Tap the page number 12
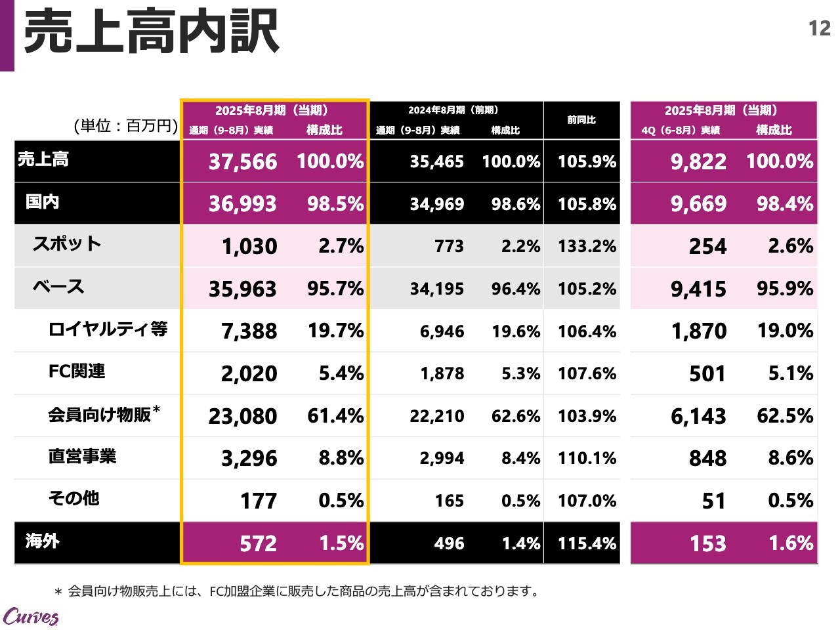point(820,28)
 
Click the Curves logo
point(31,616)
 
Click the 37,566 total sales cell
point(243,161)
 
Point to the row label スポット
point(67,244)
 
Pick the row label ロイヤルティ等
point(108,329)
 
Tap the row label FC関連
point(77,371)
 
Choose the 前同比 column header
point(581,119)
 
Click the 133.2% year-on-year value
point(587,247)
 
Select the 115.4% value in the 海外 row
point(587,543)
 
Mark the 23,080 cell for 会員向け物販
point(243,416)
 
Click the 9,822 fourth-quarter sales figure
point(698,161)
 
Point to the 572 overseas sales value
point(258,543)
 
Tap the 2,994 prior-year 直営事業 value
point(442,458)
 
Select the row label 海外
point(43,541)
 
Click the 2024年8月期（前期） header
point(453,110)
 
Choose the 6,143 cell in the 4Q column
point(698,416)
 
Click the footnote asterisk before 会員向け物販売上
point(58,592)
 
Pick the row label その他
point(73,498)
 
